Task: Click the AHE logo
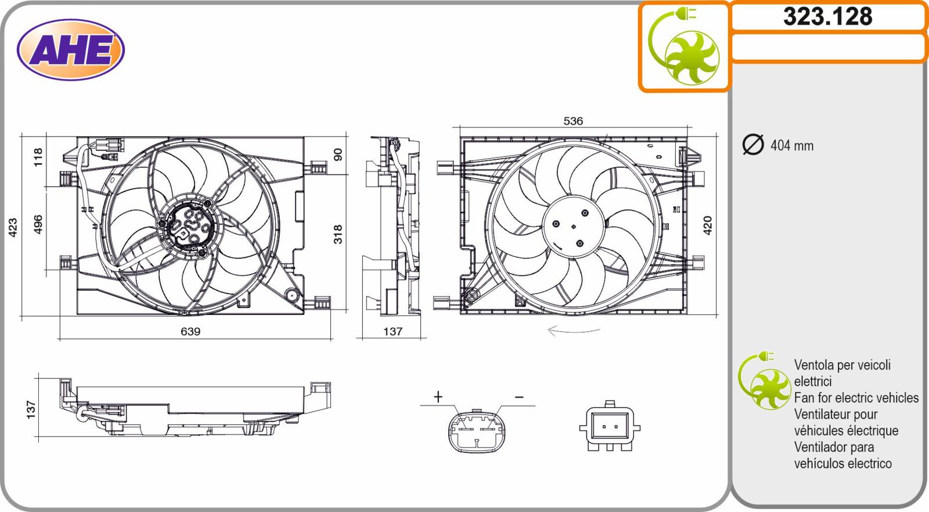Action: pyautogui.click(x=70, y=50)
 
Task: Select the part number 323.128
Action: pyautogui.click(x=828, y=17)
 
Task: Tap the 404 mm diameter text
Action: pyautogui.click(x=792, y=146)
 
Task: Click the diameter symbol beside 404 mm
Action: pyautogui.click(x=752, y=145)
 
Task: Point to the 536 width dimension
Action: pyautogui.click(x=572, y=121)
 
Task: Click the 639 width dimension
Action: pyautogui.click(x=190, y=331)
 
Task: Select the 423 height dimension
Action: pyautogui.click(x=13, y=228)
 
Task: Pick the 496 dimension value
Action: pyautogui.click(x=38, y=224)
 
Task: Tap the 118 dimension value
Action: pyautogui.click(x=38, y=157)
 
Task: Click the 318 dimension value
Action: pyautogui.click(x=338, y=234)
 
